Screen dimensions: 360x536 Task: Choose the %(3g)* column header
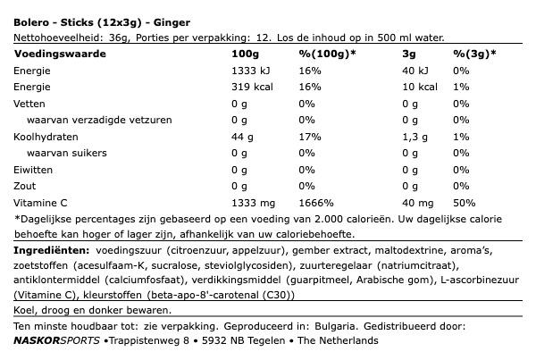click(474, 54)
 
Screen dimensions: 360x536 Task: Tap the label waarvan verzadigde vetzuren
click(99, 120)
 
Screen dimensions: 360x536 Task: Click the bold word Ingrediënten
click(52, 251)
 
